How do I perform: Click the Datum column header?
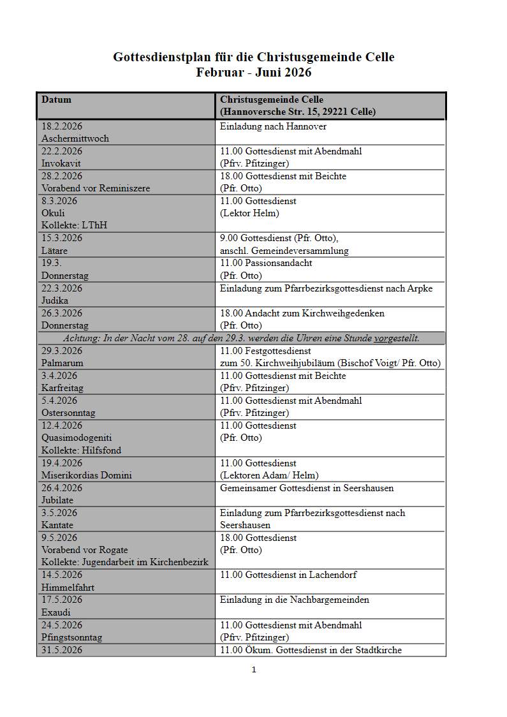click(56, 100)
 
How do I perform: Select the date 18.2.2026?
click(62, 126)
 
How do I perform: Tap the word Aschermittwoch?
click(75, 138)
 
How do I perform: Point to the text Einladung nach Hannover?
click(273, 126)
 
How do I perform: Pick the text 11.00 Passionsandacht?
click(266, 263)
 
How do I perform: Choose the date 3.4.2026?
click(59, 376)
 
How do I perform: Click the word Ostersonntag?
click(68, 413)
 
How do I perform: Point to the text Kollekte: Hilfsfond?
click(81, 450)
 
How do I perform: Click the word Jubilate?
click(57, 500)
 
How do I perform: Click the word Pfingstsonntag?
click(71, 637)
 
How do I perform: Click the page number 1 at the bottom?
click(254, 670)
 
